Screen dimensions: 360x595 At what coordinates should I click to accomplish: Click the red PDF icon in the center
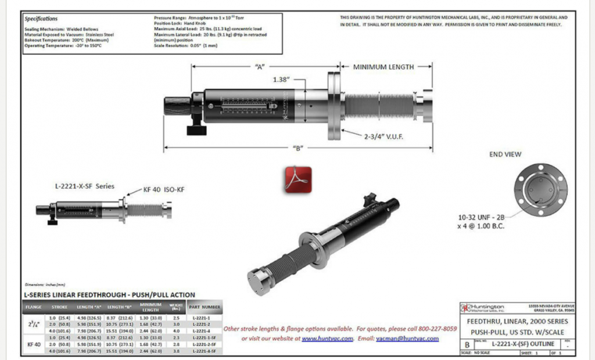point(298,179)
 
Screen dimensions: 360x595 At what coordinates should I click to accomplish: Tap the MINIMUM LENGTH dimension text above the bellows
point(383,67)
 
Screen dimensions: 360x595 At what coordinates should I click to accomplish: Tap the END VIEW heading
point(505,154)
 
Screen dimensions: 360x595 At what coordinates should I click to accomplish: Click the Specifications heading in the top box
point(41,19)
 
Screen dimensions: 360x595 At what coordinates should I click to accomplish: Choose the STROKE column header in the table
point(60,307)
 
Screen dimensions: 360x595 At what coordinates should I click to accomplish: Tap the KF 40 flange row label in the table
point(34,344)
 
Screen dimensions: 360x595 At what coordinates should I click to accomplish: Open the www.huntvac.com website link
point(327,338)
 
